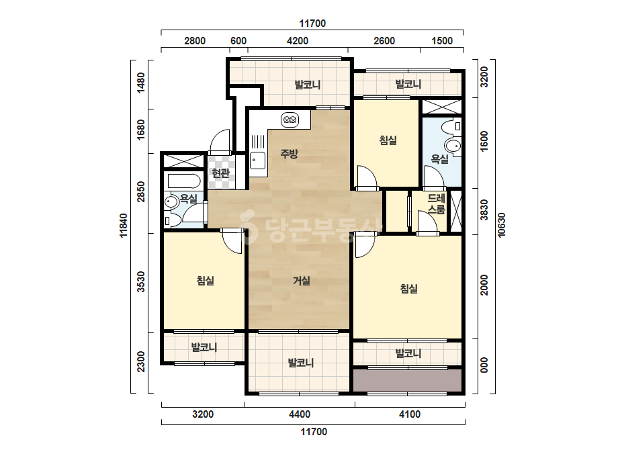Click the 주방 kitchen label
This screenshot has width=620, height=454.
point(289,153)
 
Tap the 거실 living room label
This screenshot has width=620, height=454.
point(302,281)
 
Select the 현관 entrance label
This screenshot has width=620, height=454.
point(220,173)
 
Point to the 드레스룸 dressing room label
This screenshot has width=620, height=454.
point(437,203)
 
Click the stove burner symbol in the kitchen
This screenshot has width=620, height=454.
point(290,119)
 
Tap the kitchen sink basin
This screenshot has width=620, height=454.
point(257,160)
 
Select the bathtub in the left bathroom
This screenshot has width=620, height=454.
point(184,181)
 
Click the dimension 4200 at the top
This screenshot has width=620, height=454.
point(298,41)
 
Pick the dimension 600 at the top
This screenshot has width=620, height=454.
point(238,41)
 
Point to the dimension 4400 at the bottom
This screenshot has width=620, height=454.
point(300,414)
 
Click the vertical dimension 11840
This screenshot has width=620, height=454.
point(124,226)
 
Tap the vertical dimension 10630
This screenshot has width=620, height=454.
point(501,224)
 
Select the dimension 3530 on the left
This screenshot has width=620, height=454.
point(141,281)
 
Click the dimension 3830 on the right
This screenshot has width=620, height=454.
point(484,210)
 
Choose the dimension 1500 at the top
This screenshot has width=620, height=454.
point(442,41)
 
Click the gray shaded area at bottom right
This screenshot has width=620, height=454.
point(408,380)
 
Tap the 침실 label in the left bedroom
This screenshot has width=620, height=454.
point(206,281)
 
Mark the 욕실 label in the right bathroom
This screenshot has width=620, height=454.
point(439,159)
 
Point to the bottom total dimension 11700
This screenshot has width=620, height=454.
point(314,431)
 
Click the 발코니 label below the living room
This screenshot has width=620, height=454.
point(301,362)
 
